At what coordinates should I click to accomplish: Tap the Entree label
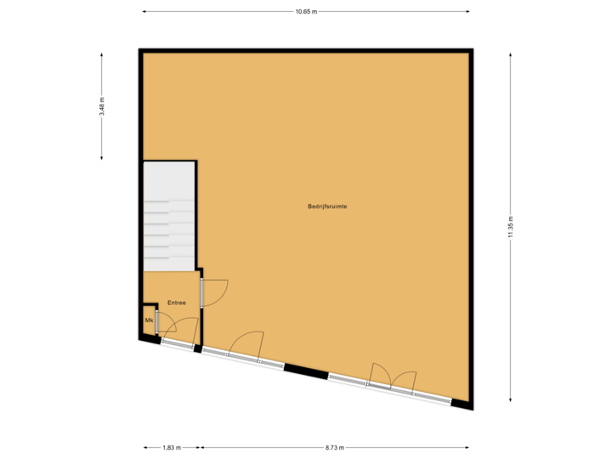176,303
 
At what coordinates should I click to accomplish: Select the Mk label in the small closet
149,320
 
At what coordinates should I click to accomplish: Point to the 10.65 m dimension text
305,12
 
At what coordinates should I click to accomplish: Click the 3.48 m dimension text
102,106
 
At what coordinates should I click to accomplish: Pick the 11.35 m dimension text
510,227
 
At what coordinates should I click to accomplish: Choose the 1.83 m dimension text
172,447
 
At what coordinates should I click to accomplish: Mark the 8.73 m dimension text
334,447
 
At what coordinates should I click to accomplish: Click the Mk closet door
165,322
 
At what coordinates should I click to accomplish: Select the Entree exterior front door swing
185,331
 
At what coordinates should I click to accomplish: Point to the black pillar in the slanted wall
305,371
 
